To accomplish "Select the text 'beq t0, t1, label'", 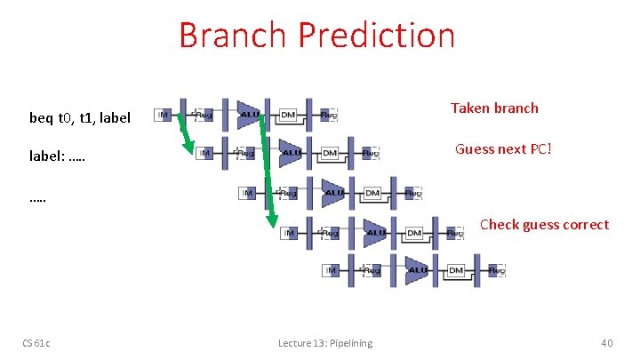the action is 80,117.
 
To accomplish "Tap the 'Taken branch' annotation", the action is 494,108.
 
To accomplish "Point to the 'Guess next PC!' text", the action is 503,148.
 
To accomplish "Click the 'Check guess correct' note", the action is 544,224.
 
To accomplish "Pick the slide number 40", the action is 607,342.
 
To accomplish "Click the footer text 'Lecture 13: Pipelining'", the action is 325,342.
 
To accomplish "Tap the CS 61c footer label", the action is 36,342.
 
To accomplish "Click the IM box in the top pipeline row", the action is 163,115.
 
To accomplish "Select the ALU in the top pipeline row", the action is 250,114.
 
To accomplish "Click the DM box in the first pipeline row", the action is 288,115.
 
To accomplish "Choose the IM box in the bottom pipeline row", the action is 331,270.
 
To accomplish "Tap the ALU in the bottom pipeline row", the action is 417,270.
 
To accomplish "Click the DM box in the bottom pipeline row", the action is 456,270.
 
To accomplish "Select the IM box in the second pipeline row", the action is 205,153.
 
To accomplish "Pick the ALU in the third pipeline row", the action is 334,193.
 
